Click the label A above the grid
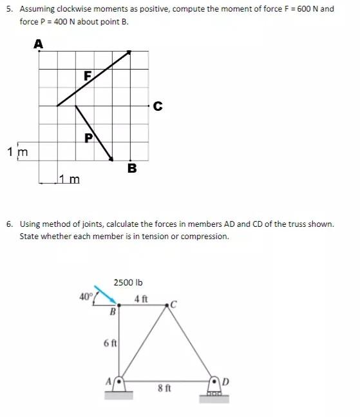[39, 44]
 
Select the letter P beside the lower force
[89, 137]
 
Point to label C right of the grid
[158, 106]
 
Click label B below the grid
[132, 169]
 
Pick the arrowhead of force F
[129, 53]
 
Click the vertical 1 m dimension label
[17, 152]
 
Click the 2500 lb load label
[128, 282]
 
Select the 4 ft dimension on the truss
[141, 298]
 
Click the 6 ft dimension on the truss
[109, 343]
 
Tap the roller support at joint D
[214, 386]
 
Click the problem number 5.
[10, 9]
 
